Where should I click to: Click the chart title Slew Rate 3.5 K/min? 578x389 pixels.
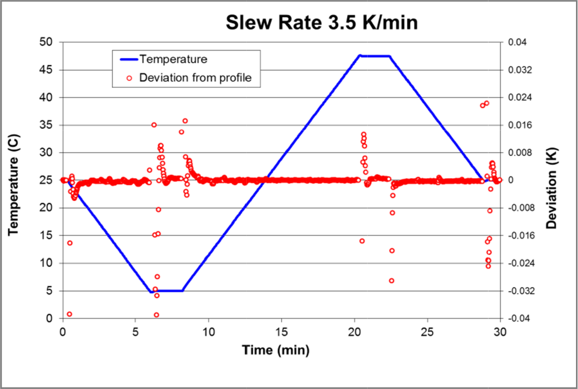[x=322, y=23]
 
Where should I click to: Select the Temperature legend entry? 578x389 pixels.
[x=173, y=59]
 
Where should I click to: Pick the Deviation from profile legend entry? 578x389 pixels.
[x=195, y=78]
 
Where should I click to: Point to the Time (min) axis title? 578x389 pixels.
[x=276, y=350]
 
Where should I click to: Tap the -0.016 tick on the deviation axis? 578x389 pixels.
[x=518, y=235]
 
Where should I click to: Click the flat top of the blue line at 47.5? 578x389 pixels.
[x=375, y=56]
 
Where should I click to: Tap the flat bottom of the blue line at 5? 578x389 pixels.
[x=170, y=290]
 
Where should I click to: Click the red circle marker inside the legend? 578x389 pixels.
[x=129, y=78]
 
